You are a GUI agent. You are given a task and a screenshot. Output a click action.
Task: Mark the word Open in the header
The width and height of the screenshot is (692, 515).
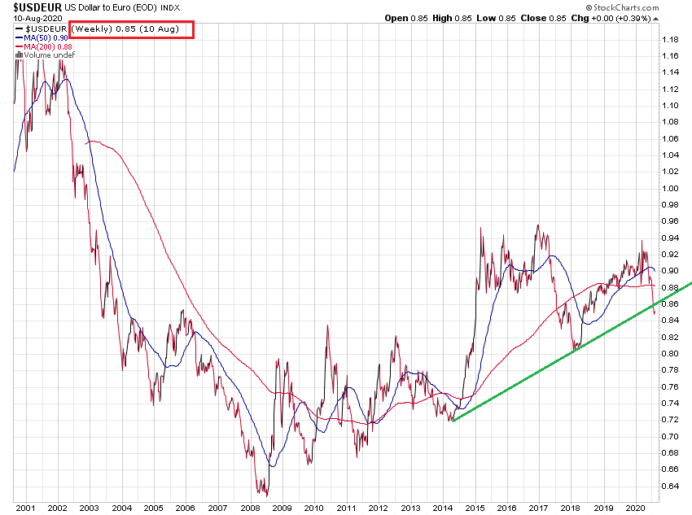[396, 18]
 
